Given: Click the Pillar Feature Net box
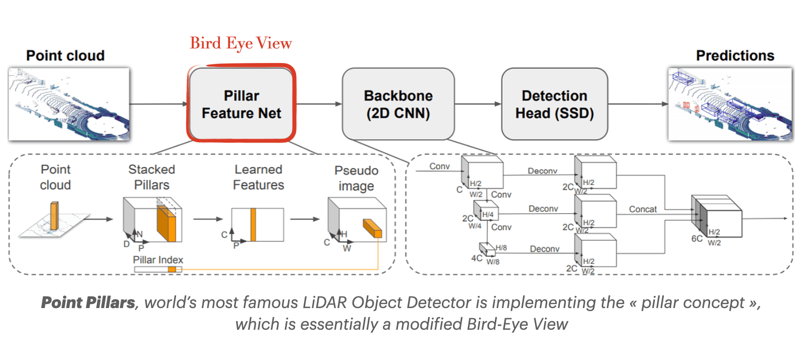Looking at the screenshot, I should [x=241, y=104].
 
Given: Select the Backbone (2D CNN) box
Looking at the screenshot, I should [x=398, y=104].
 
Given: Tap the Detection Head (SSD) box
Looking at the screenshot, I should [x=554, y=104].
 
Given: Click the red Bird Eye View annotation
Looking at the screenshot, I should [x=241, y=43].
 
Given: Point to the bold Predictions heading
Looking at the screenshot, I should [x=734, y=55].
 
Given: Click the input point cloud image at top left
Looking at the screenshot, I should [x=69, y=104].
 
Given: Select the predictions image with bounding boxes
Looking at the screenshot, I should [x=730, y=104].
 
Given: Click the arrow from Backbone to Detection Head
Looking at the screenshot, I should [x=478, y=104].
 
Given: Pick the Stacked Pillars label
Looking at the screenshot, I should [x=151, y=177].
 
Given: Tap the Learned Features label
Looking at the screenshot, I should [x=258, y=177].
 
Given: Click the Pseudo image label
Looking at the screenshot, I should [x=356, y=178].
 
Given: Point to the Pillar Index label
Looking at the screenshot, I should [x=158, y=260].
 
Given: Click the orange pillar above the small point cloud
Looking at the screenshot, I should [x=54, y=215].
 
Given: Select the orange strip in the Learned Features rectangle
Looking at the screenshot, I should [x=253, y=225].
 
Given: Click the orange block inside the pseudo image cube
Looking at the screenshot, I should [x=372, y=228].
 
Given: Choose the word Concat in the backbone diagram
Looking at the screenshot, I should [x=643, y=209].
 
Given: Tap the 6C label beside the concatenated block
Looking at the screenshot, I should [x=697, y=238].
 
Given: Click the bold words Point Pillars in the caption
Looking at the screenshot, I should [x=88, y=303].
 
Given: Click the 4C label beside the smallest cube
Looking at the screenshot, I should [x=477, y=258].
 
